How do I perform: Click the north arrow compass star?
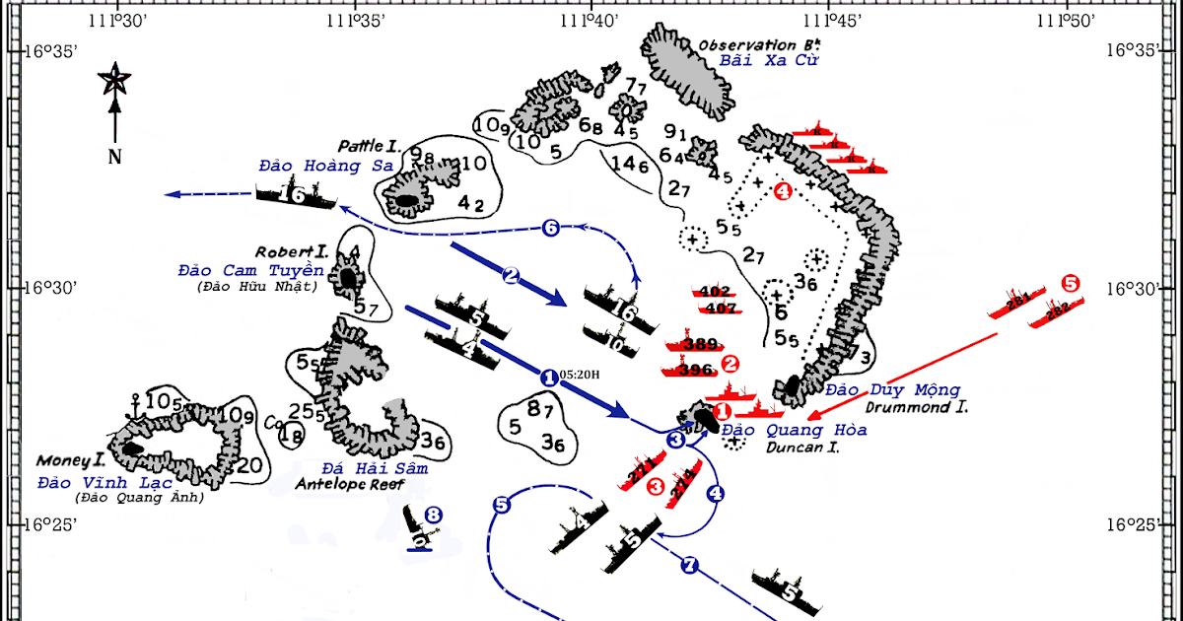click(x=114, y=80)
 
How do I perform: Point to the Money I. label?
click(x=70, y=460)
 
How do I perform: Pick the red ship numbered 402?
click(x=713, y=292)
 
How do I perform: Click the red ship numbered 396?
click(x=696, y=371)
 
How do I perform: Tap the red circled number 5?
click(x=1071, y=283)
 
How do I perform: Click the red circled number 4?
click(x=783, y=192)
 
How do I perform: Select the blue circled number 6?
click(x=551, y=229)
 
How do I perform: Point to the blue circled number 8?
click(x=432, y=514)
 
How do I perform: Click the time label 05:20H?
click(x=579, y=376)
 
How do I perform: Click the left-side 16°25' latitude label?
click(x=49, y=524)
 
